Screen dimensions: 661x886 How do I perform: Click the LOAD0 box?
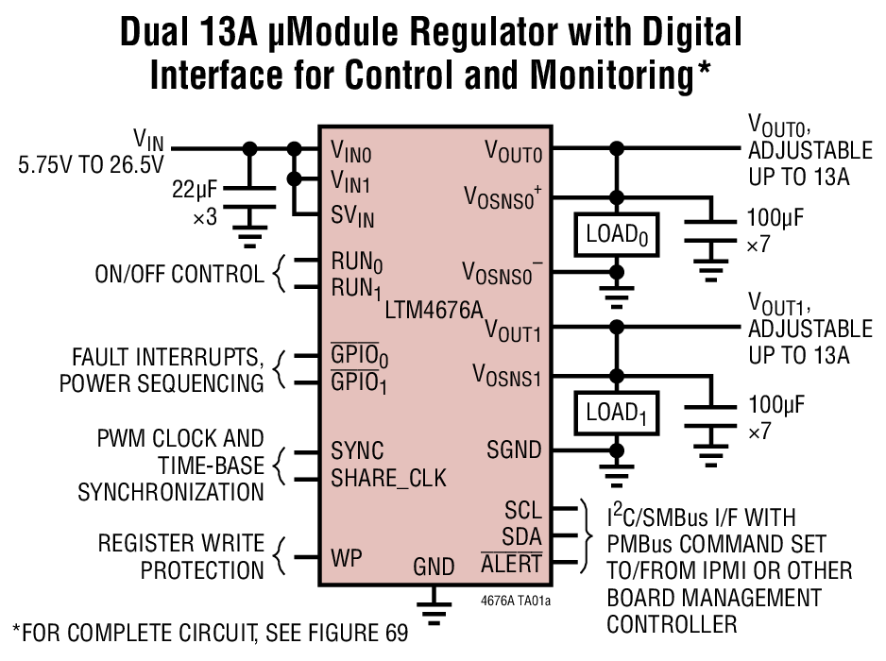(616, 233)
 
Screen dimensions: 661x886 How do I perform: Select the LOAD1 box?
(616, 413)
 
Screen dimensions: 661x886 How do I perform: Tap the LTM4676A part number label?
(434, 308)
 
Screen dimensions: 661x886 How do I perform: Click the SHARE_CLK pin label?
(388, 478)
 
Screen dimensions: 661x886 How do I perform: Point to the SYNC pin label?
(357, 450)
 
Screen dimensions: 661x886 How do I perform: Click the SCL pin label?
(523, 511)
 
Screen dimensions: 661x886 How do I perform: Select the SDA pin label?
(522, 537)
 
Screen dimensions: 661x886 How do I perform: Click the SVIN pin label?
(352, 216)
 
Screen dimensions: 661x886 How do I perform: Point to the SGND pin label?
(514, 449)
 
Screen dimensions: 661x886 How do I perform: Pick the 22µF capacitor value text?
(195, 191)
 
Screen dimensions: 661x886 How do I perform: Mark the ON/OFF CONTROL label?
(179, 275)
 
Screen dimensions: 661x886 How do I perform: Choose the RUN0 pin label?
(356, 261)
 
